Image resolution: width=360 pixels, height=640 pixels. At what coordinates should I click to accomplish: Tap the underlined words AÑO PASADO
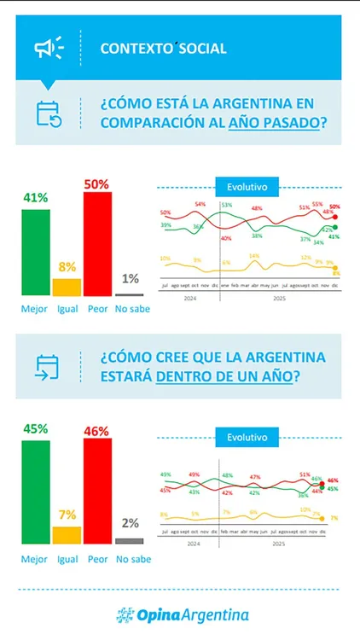276,121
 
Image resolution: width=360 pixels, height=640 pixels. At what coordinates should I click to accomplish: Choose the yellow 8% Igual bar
67,287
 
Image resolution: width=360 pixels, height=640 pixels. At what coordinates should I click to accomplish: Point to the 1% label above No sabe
130,278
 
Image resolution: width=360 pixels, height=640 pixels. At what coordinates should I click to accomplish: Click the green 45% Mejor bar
35,497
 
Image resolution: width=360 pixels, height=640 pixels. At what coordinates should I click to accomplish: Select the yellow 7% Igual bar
67,534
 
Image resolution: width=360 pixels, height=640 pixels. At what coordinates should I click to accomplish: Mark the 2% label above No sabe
130,523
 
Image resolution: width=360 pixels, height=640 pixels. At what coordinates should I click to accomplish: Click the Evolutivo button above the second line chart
247,437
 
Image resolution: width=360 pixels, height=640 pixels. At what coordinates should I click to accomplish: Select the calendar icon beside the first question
48,113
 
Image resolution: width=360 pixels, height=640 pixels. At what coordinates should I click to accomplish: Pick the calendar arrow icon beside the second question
48,366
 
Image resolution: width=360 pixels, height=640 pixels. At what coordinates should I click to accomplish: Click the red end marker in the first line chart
334,218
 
